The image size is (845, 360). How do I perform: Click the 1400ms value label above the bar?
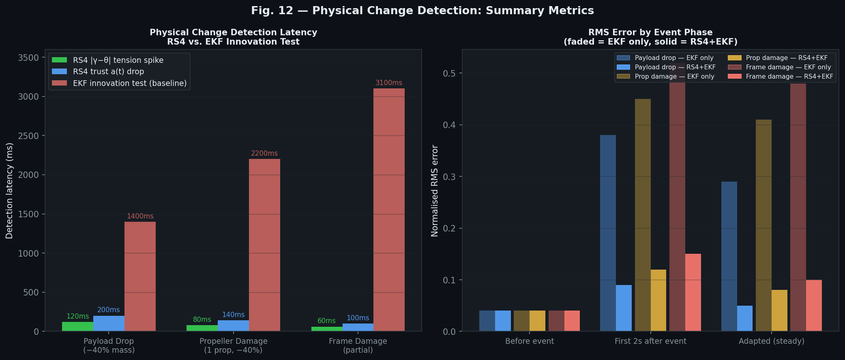tap(140, 216)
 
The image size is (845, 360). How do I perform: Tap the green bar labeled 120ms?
tap(77, 326)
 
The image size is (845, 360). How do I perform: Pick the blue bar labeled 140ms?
tap(233, 326)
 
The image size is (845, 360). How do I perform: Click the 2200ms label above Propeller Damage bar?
tap(264, 154)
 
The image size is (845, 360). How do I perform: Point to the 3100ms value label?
tap(389, 83)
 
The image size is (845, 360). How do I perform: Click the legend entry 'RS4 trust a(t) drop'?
tap(108, 72)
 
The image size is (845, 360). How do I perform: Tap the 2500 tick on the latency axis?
tap(28, 136)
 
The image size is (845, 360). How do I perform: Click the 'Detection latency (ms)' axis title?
tap(10, 191)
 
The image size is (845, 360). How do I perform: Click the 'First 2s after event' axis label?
tap(650, 341)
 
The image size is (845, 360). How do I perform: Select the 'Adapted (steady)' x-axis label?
tap(771, 341)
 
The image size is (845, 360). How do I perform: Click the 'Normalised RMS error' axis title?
tap(435, 191)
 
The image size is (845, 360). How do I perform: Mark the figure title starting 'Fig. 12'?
tap(422, 11)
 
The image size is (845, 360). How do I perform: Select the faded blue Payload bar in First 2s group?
tap(608, 233)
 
